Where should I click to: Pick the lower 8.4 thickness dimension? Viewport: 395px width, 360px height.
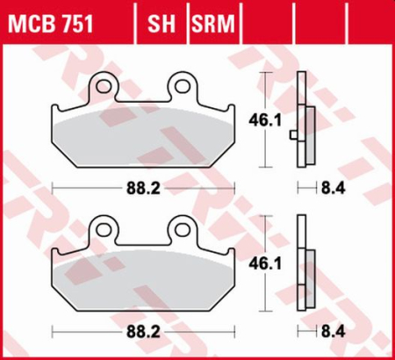coord(333,335)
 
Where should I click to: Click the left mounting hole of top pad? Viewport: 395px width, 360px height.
coord(110,86)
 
